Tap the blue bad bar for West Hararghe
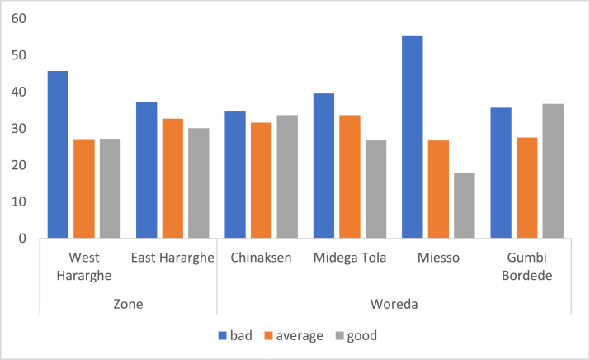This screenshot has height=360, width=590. tap(58, 154)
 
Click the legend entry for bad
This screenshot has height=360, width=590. tap(236, 336)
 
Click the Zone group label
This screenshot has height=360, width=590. tap(128, 304)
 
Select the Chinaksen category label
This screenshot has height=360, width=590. tap(261, 258)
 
